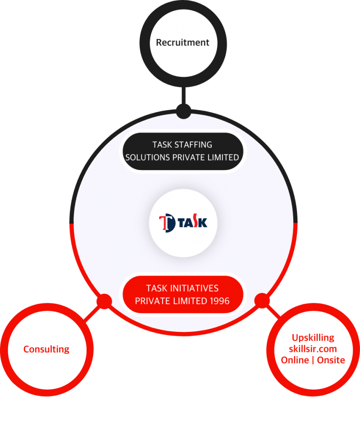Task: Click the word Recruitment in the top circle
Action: click(182, 42)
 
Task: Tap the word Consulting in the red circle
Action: click(46, 349)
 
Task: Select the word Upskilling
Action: click(313, 338)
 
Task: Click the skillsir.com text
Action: click(313, 349)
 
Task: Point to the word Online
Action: click(295, 360)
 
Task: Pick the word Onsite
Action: click(331, 360)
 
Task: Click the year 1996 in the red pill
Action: click(219, 301)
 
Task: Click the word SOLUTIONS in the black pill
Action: click(147, 157)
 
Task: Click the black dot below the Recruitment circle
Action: click(183, 111)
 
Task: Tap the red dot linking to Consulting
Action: click(104, 301)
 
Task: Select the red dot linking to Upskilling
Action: click(262, 301)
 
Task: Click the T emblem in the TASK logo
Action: click(167, 223)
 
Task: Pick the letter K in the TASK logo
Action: click(203, 223)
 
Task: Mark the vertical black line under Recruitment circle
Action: click(183, 95)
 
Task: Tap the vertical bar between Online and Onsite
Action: click(313, 360)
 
